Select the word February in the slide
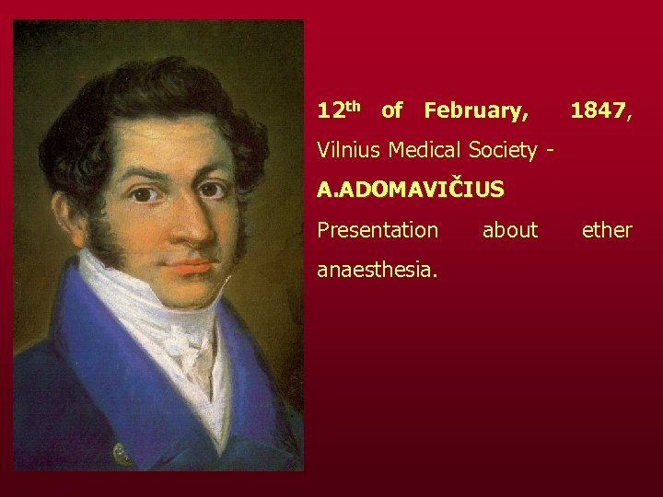click(x=476, y=111)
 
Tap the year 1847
click(x=599, y=111)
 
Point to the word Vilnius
click(x=350, y=149)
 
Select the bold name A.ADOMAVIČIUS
click(x=410, y=190)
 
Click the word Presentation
click(x=378, y=230)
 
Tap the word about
click(x=509, y=230)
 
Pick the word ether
click(x=607, y=230)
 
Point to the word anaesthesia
click(x=377, y=270)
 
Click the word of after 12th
click(x=391, y=111)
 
